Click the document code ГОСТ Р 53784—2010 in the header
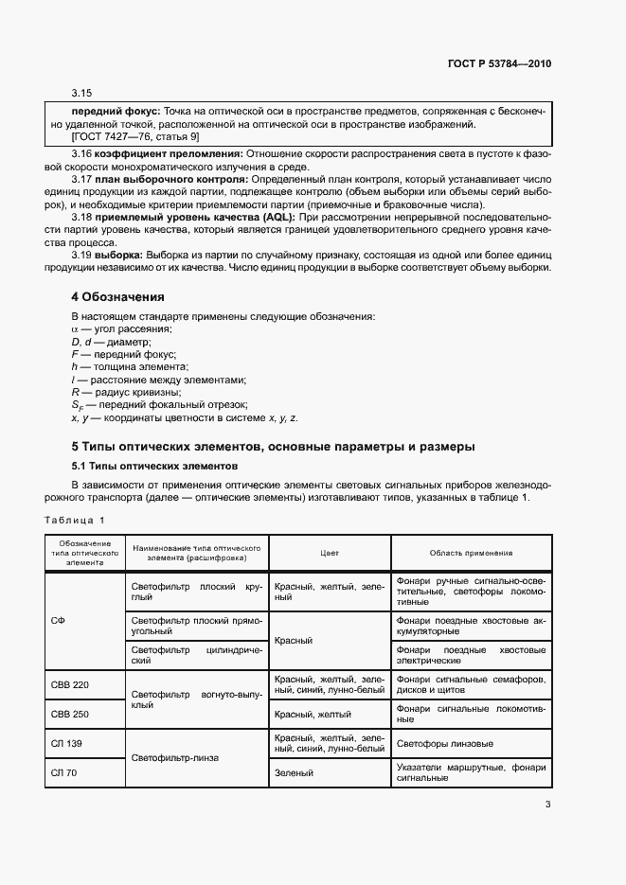pos(498,64)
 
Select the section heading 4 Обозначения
pos(118,296)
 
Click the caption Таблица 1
pos(76,520)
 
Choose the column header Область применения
pos(471,553)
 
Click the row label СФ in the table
pos(57,620)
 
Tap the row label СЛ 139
pos(66,743)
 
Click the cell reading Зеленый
pos(294,772)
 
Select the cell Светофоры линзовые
pos(445,743)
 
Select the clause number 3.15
pos(81,93)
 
